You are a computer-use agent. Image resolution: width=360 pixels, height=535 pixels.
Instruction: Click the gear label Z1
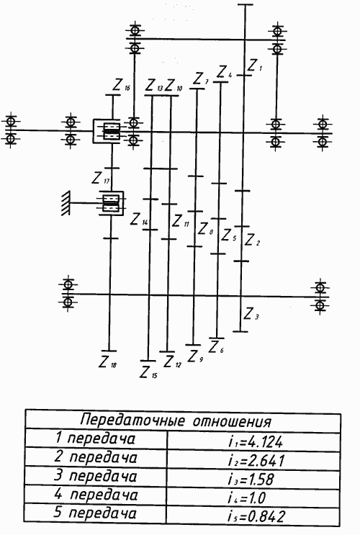click(255, 66)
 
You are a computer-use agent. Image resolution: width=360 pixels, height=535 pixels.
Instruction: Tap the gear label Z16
click(122, 85)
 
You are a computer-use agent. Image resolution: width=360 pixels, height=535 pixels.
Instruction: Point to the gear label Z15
click(149, 372)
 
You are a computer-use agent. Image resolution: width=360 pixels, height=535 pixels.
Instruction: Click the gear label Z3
click(251, 314)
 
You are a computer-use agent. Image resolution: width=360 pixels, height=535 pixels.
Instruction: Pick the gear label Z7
click(201, 79)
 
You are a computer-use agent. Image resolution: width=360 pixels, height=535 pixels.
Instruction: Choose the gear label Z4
click(224, 72)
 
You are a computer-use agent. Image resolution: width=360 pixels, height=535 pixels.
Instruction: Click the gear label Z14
click(139, 220)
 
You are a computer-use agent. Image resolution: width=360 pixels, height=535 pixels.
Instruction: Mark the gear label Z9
click(195, 356)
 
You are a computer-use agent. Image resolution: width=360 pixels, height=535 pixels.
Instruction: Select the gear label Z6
click(216, 347)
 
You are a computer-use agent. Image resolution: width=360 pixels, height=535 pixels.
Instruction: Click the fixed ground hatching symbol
click(66, 203)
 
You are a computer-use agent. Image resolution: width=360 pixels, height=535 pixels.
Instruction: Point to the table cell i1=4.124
click(256, 442)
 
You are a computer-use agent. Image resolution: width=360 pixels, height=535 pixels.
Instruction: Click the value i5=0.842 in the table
click(256, 516)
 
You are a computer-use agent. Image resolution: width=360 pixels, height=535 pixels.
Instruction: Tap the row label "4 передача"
click(96, 495)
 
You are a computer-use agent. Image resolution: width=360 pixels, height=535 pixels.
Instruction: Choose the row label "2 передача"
click(96, 457)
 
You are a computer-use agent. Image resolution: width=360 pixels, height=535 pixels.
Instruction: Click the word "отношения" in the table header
click(232, 422)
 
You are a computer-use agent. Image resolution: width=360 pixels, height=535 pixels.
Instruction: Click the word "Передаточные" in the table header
click(132, 420)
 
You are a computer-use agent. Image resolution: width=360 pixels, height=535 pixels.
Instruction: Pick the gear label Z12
click(172, 361)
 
